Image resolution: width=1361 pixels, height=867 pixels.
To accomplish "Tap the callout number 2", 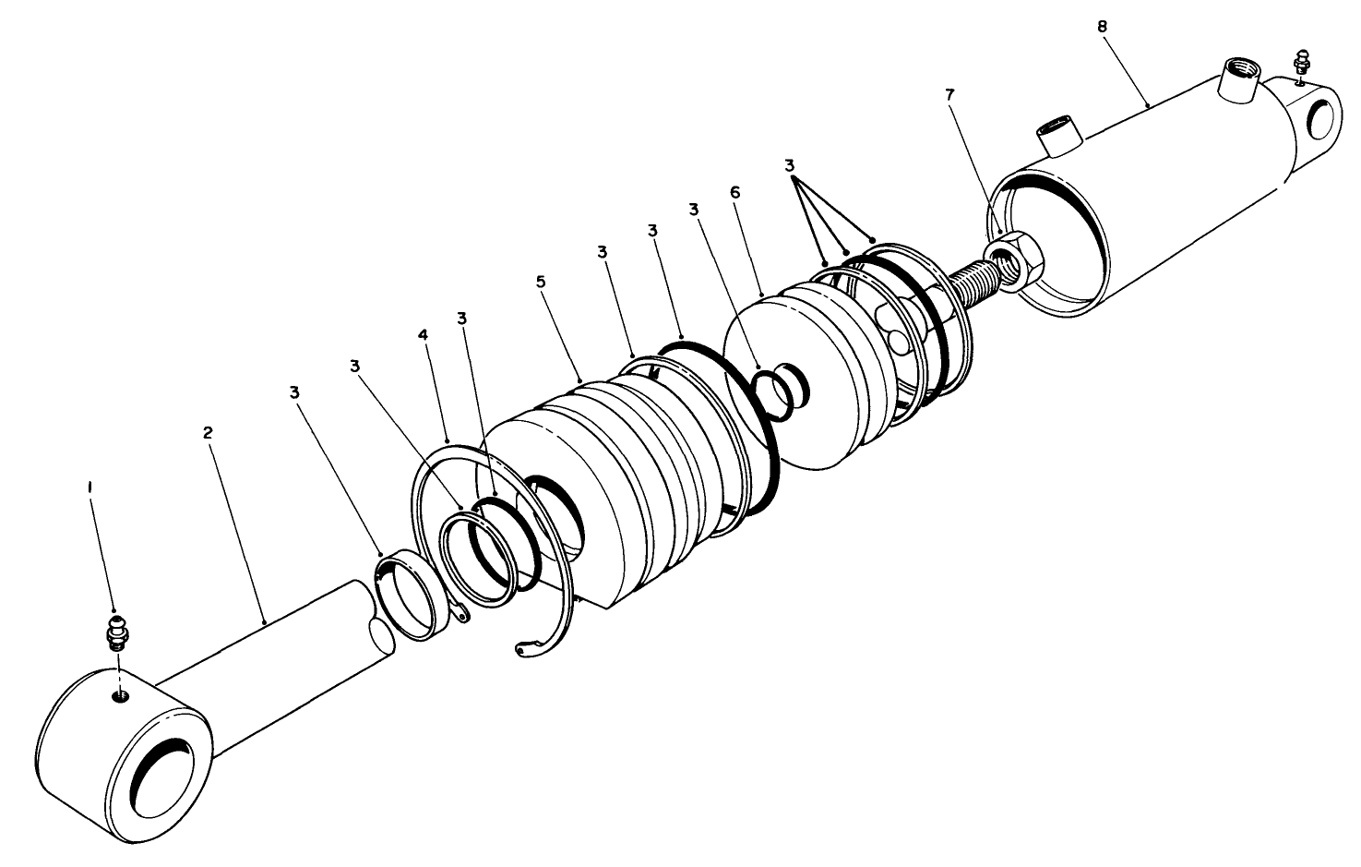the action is tap(209, 431).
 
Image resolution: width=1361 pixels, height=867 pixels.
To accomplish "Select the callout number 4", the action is tap(424, 334).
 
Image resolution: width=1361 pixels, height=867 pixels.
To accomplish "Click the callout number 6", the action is tap(734, 191).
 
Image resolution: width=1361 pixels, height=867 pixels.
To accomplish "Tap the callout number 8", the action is tap(1103, 26).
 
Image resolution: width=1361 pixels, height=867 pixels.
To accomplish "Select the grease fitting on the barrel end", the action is tap(1302, 65).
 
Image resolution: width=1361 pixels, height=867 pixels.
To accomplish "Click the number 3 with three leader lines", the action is tap(788, 166).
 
